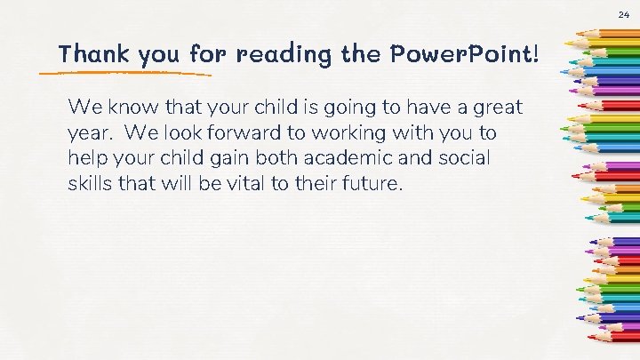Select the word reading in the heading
284,55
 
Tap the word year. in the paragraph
90,133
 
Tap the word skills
90,185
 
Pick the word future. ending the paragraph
373,185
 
